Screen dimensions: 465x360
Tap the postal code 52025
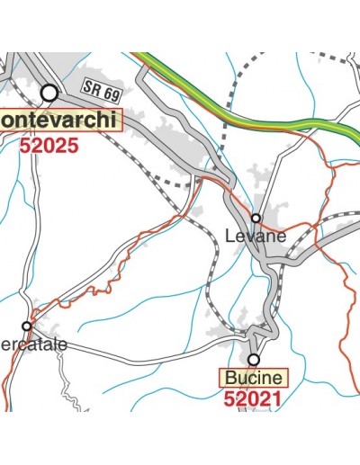point(49,144)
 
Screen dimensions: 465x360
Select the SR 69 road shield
point(102,88)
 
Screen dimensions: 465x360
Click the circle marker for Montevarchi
point(49,93)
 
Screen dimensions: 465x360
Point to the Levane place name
point(255,237)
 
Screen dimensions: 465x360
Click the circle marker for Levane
point(256,218)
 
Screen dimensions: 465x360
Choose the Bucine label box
point(254,377)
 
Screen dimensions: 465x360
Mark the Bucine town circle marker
point(254,359)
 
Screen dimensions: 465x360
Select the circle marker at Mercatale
point(27,326)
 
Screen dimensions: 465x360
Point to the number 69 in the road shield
point(111,91)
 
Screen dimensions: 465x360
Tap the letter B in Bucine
point(232,377)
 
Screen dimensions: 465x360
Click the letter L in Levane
point(229,237)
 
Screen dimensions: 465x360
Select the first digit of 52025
point(24,144)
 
